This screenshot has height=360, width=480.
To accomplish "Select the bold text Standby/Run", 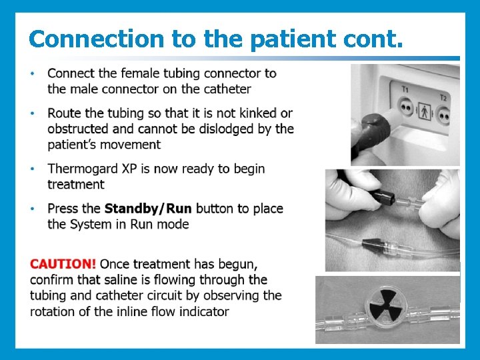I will (x=148, y=209).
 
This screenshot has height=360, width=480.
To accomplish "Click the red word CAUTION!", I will (x=63, y=264).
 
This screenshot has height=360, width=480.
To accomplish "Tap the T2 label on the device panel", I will (x=443, y=97).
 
